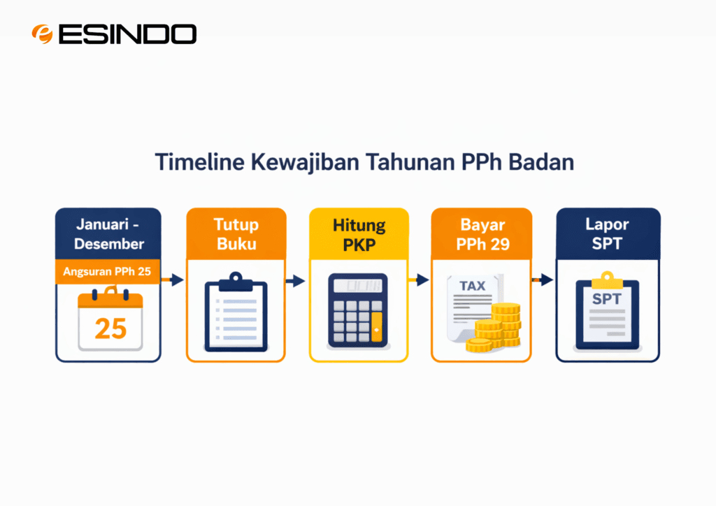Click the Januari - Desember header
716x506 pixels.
109,235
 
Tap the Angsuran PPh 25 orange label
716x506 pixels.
108,272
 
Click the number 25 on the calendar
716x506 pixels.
110,327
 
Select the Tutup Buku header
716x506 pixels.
236,233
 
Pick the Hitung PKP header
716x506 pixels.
359,233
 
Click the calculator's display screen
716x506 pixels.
359,286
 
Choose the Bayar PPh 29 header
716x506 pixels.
482,233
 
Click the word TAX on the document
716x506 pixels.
473,286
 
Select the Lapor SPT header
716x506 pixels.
607,233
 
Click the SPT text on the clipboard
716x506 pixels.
606,299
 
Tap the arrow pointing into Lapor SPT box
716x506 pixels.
543,280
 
